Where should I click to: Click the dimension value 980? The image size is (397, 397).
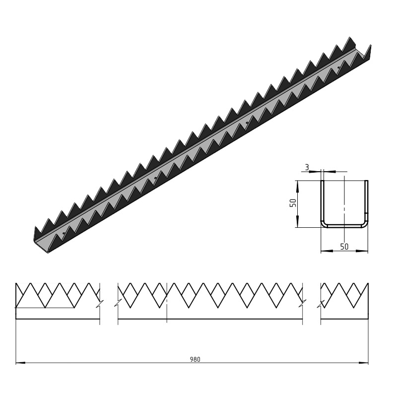click(195, 359)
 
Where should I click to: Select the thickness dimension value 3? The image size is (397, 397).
click(307, 167)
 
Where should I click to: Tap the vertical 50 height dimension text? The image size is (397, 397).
click(293, 203)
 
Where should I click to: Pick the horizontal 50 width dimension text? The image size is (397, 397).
click(344, 247)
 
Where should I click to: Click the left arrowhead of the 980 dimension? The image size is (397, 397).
click(20, 363)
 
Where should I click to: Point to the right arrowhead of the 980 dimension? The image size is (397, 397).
click(363, 363)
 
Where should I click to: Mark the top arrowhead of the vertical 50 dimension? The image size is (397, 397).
click(298, 186)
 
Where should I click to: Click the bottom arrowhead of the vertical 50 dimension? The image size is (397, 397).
click(298, 222)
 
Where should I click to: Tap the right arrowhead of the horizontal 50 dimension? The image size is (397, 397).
click(362, 251)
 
